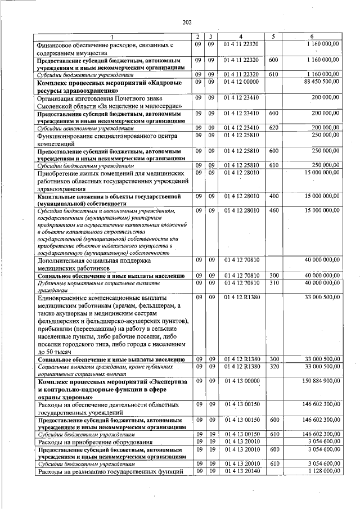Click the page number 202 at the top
coord(187,22)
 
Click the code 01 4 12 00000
coord(241,82)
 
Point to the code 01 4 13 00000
coord(241,381)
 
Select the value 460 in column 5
coord(273,210)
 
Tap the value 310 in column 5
coord(273,283)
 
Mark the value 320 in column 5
coord(273,366)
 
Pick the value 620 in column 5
coord(273,128)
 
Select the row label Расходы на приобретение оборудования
coord(97,442)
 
